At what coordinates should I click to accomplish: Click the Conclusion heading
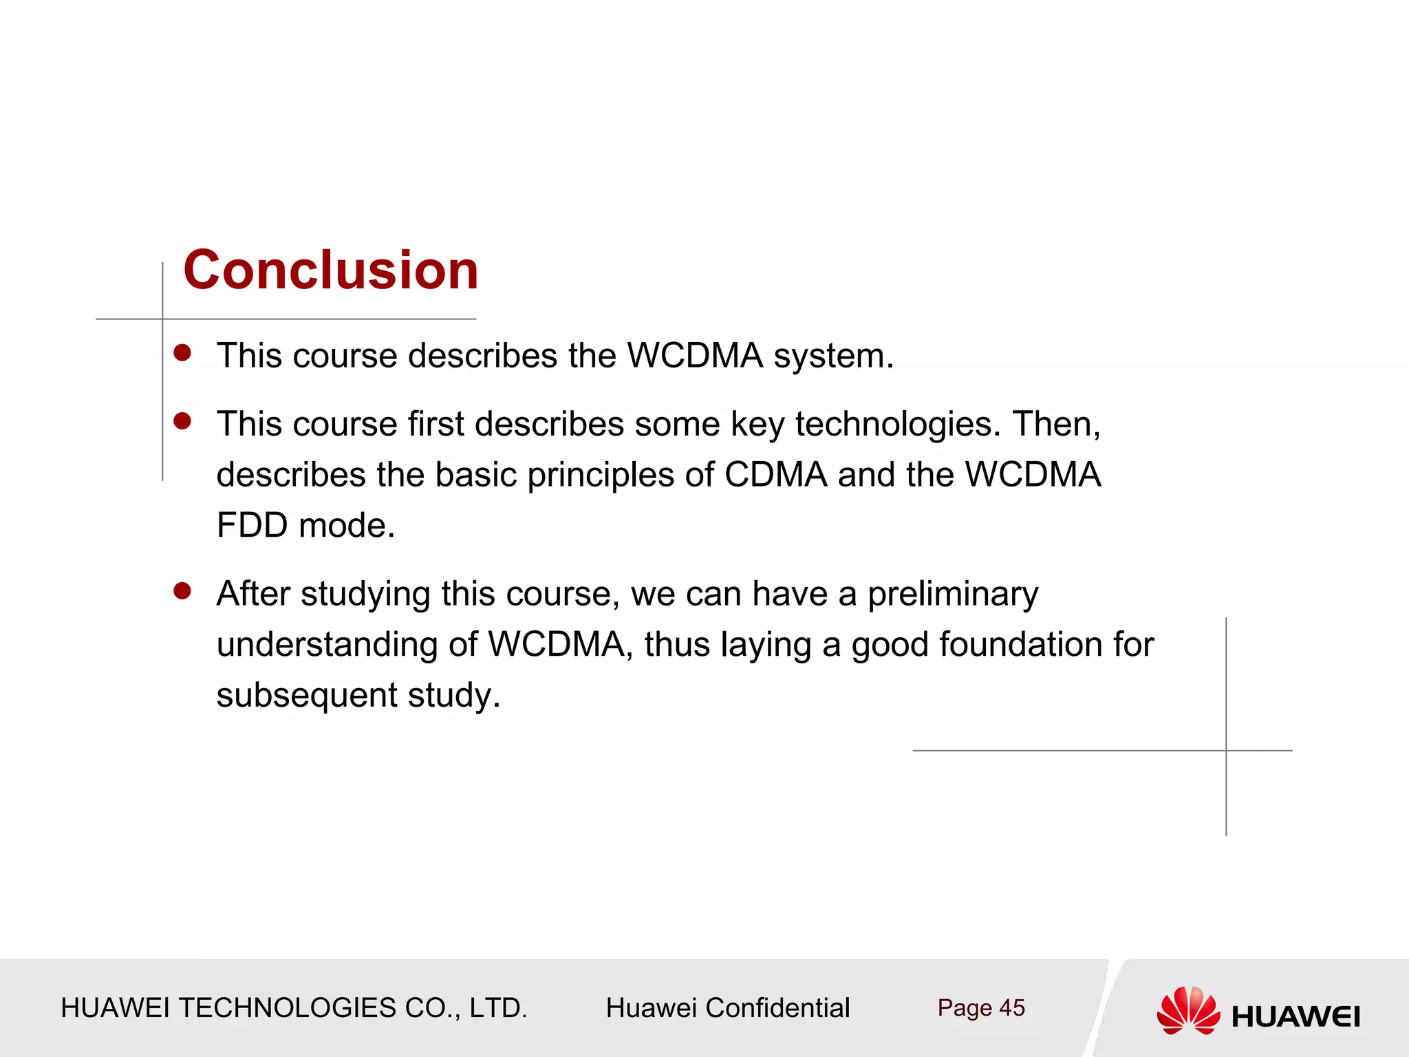coord(330,270)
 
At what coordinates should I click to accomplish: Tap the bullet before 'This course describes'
coord(182,353)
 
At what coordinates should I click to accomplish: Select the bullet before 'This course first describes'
coord(182,421)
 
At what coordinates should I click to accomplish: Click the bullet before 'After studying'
coord(182,591)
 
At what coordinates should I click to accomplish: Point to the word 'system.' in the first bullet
coord(833,356)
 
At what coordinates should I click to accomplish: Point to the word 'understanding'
coord(327,645)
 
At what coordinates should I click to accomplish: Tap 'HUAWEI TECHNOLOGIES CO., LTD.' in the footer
coord(294,1008)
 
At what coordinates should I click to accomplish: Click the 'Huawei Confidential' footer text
coord(727,1008)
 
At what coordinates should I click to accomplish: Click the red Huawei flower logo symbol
coord(1187,1010)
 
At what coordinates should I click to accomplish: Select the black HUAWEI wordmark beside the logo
coord(1295,1016)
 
